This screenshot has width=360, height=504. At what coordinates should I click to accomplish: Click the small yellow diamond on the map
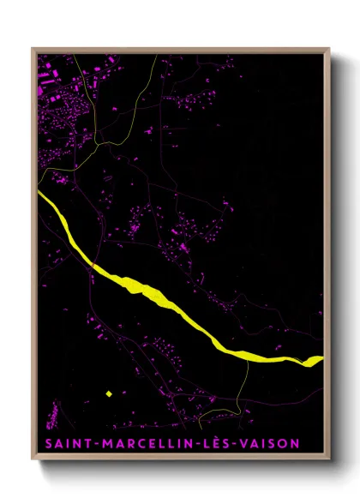[x=109, y=393]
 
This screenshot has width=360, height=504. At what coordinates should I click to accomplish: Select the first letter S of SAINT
[x=45, y=444]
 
